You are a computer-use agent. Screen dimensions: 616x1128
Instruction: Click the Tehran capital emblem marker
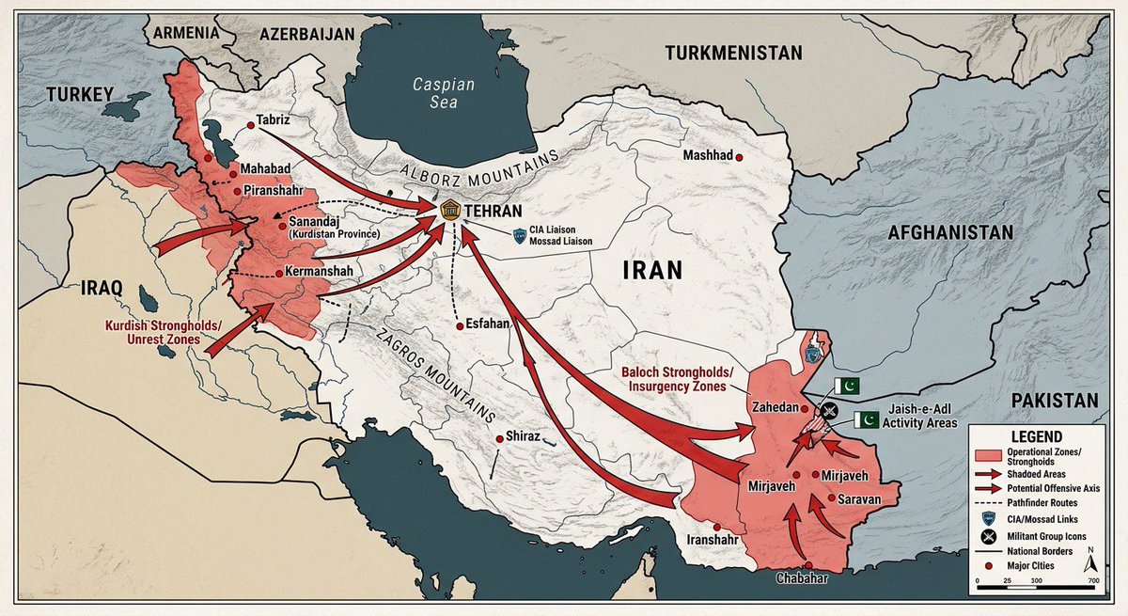449,212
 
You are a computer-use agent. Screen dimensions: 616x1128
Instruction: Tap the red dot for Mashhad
740,158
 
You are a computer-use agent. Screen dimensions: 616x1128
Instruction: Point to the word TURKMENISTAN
733,54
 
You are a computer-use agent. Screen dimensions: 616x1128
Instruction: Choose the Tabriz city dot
250,125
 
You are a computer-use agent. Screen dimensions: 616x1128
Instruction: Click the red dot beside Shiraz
499,438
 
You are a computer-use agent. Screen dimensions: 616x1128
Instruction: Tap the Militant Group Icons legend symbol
986,536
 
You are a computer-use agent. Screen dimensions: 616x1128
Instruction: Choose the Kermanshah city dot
278,273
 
